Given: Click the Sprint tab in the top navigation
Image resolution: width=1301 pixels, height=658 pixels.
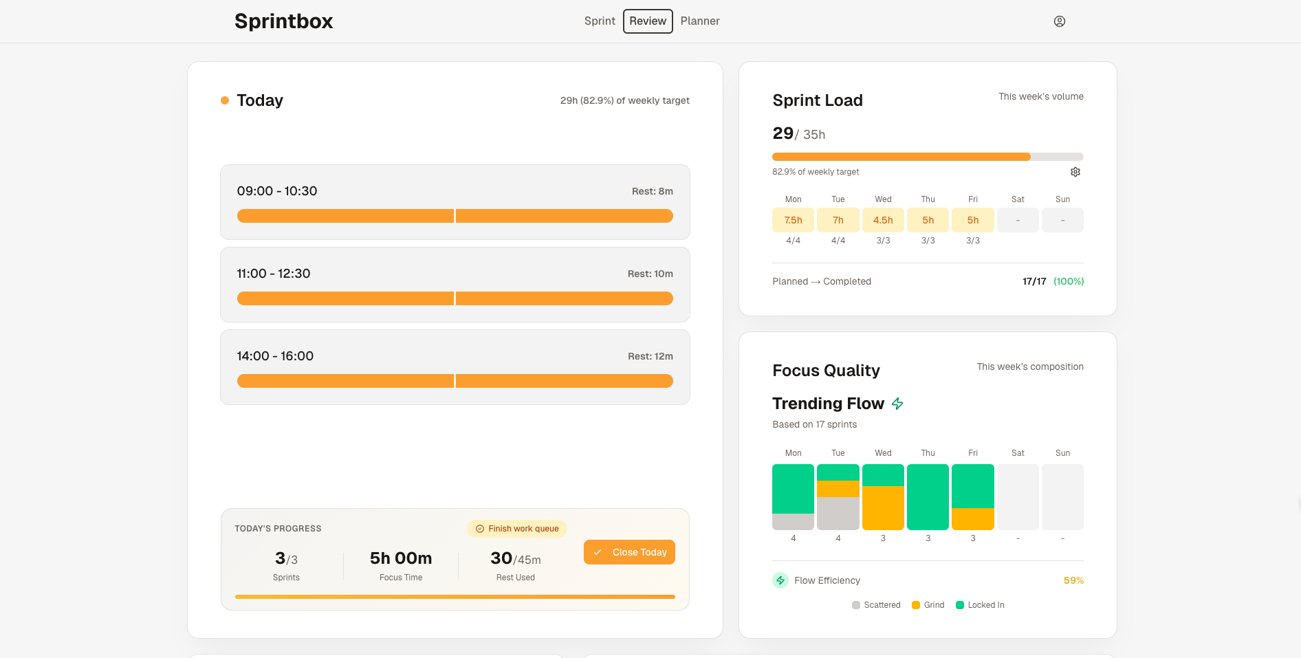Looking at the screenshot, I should [x=600, y=21].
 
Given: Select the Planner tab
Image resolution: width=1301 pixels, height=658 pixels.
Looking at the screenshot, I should [x=700, y=21].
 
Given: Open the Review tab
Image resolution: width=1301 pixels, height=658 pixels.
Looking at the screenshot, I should [x=648, y=21].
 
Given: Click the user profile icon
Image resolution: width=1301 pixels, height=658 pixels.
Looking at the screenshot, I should [x=1060, y=21].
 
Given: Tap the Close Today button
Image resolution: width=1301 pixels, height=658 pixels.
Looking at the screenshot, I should [x=629, y=552].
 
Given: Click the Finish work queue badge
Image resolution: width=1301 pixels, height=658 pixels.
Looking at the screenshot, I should [x=517, y=529].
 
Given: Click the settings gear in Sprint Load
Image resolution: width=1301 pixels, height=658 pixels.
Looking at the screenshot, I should [x=1075, y=172].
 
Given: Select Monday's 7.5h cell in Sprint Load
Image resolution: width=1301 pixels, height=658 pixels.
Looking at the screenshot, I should [x=793, y=220].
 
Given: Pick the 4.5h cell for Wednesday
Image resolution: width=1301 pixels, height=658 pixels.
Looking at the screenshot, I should [x=883, y=220].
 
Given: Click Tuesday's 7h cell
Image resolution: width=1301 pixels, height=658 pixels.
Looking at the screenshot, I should [x=838, y=220].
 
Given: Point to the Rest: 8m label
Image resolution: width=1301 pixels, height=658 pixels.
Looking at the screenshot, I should [x=652, y=191].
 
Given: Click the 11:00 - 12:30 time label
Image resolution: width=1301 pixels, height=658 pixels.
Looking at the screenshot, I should [x=274, y=274].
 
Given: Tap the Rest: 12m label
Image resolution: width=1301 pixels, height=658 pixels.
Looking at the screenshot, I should [x=650, y=356].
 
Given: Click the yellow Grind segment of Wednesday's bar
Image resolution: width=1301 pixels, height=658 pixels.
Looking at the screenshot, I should [x=883, y=507].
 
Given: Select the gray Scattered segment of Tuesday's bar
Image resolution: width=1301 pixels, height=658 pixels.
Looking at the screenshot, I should [x=838, y=513].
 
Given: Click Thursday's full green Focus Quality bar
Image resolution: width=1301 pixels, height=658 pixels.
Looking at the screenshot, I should [x=928, y=497].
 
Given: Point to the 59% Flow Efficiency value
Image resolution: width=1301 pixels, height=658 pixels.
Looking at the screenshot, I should [x=1073, y=580].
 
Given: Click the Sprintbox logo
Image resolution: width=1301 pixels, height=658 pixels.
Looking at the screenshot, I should [x=283, y=21].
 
